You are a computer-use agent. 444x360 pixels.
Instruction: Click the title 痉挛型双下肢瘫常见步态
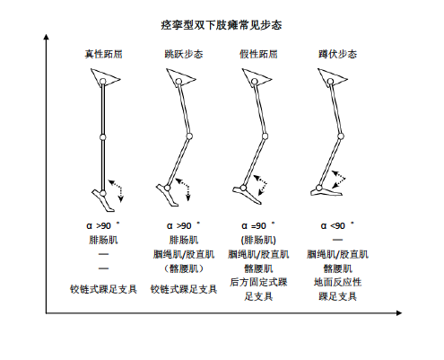pyautogui.click(x=222, y=25)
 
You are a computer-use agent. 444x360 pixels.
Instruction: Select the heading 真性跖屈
pyautogui.click(x=103, y=54)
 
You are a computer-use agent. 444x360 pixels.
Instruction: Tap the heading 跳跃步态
pyautogui.click(x=184, y=54)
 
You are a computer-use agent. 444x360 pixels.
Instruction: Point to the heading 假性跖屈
pyautogui.click(x=258, y=54)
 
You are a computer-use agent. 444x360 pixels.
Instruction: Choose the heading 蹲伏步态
pyautogui.click(x=337, y=54)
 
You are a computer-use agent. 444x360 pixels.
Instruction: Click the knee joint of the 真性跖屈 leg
pyautogui.click(x=102, y=137)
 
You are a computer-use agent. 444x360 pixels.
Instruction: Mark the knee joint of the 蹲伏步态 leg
pyautogui.click(x=340, y=136)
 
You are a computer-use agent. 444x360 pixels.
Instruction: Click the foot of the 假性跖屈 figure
pyautogui.click(x=247, y=194)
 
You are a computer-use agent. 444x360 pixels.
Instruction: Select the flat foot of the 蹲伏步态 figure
pyautogui.click(x=326, y=191)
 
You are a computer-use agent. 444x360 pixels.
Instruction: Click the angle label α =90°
pyautogui.click(x=258, y=225)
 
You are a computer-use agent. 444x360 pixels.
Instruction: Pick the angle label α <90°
pyautogui.click(x=337, y=225)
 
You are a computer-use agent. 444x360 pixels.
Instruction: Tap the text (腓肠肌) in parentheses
pyautogui.click(x=258, y=240)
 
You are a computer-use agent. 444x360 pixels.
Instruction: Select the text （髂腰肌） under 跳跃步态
pyautogui.click(x=184, y=268)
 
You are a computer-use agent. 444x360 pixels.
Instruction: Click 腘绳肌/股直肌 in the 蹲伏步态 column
pyautogui.click(x=337, y=254)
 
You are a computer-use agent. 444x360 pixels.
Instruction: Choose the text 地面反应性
pyautogui.click(x=337, y=282)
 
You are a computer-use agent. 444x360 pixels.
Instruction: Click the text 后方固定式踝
pyautogui.click(x=258, y=282)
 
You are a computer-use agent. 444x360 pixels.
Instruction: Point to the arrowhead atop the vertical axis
pyautogui.click(x=46, y=37)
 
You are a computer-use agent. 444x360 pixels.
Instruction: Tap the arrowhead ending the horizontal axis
pyautogui.click(x=399, y=313)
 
